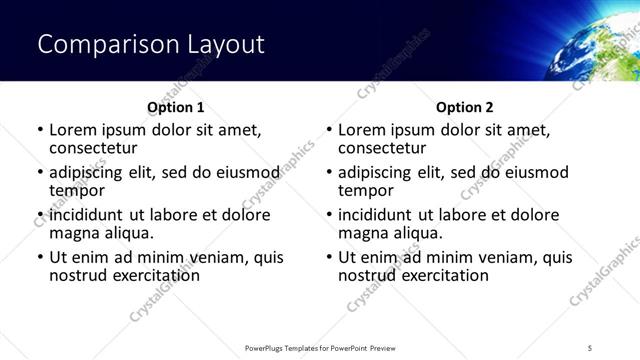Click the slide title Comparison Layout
pyautogui.click(x=151, y=45)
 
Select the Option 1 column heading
pyautogui.click(x=175, y=107)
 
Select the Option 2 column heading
pyautogui.click(x=464, y=107)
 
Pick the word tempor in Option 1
pyautogui.click(x=77, y=190)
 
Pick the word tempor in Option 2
pyautogui.click(x=366, y=190)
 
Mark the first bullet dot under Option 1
pyautogui.click(x=40, y=131)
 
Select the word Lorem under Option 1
pyautogui.click(x=72, y=130)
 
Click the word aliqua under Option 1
pyautogui.click(x=128, y=233)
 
